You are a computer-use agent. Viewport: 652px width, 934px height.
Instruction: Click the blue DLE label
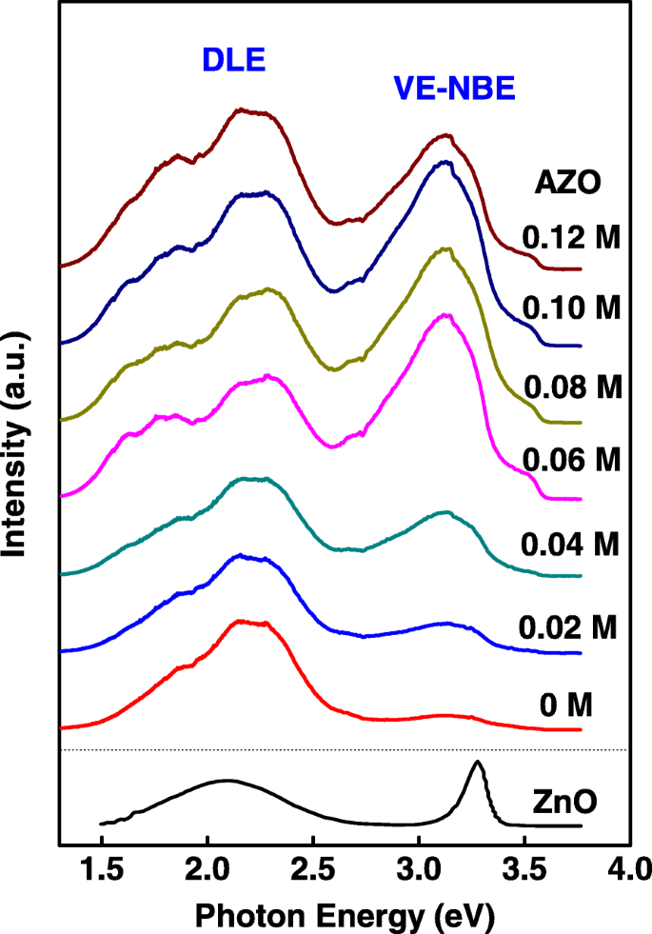point(232,61)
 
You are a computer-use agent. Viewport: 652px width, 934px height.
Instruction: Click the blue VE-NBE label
point(454,89)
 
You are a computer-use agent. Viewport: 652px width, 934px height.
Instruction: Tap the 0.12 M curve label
point(571,237)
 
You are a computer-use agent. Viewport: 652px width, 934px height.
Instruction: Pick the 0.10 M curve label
point(571,309)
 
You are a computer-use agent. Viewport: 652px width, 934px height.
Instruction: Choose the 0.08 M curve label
point(571,387)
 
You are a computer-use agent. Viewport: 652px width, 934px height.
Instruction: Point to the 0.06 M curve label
point(571,460)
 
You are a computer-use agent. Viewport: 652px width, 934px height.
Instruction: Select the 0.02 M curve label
point(569,627)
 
